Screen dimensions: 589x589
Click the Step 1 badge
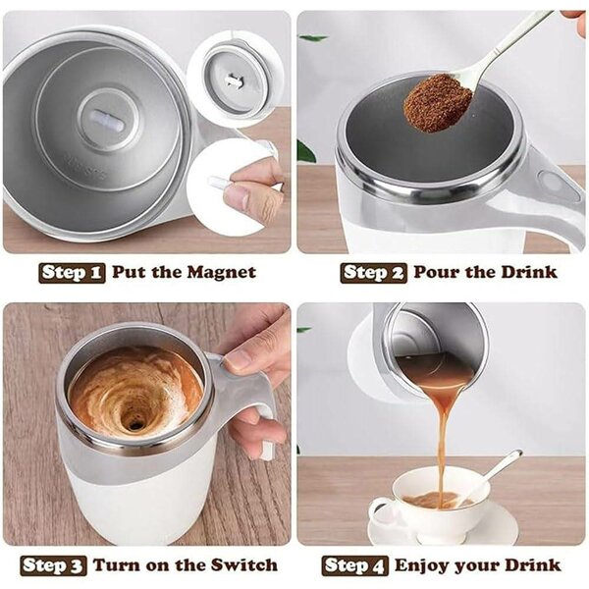coord(72,272)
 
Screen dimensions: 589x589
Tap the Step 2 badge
coord(373,272)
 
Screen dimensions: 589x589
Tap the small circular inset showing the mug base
coord(235,78)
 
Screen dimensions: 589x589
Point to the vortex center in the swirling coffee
coord(134,422)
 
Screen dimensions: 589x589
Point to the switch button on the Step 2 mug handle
coord(565,182)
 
